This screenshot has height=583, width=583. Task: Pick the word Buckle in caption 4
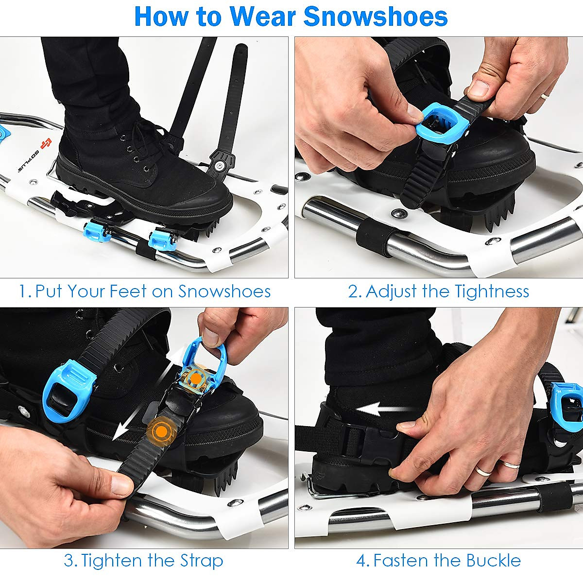[494, 560]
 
